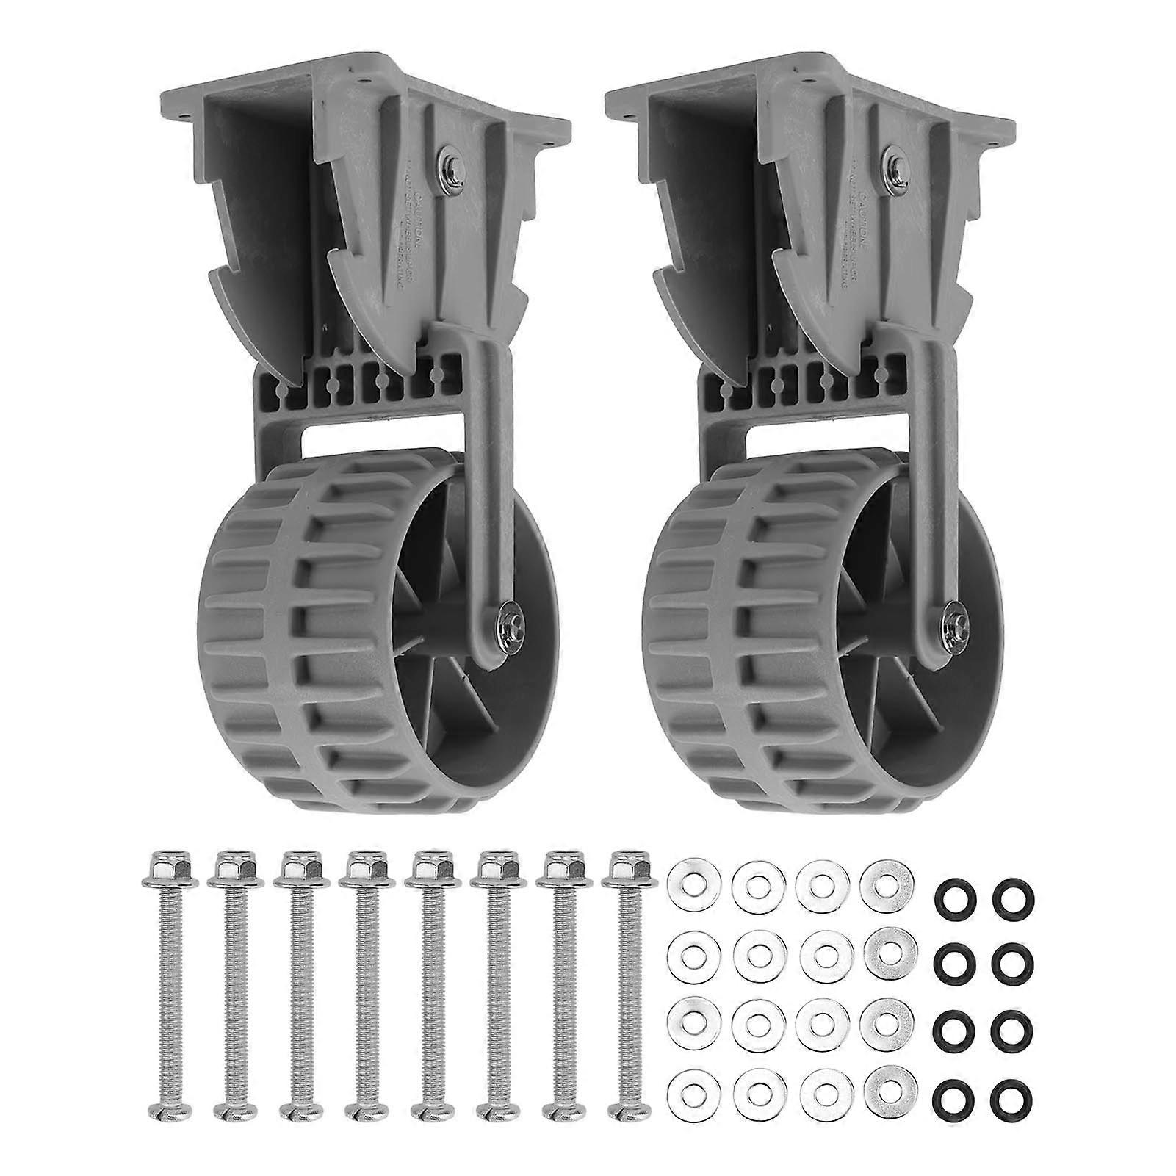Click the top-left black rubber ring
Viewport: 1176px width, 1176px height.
[952, 896]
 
